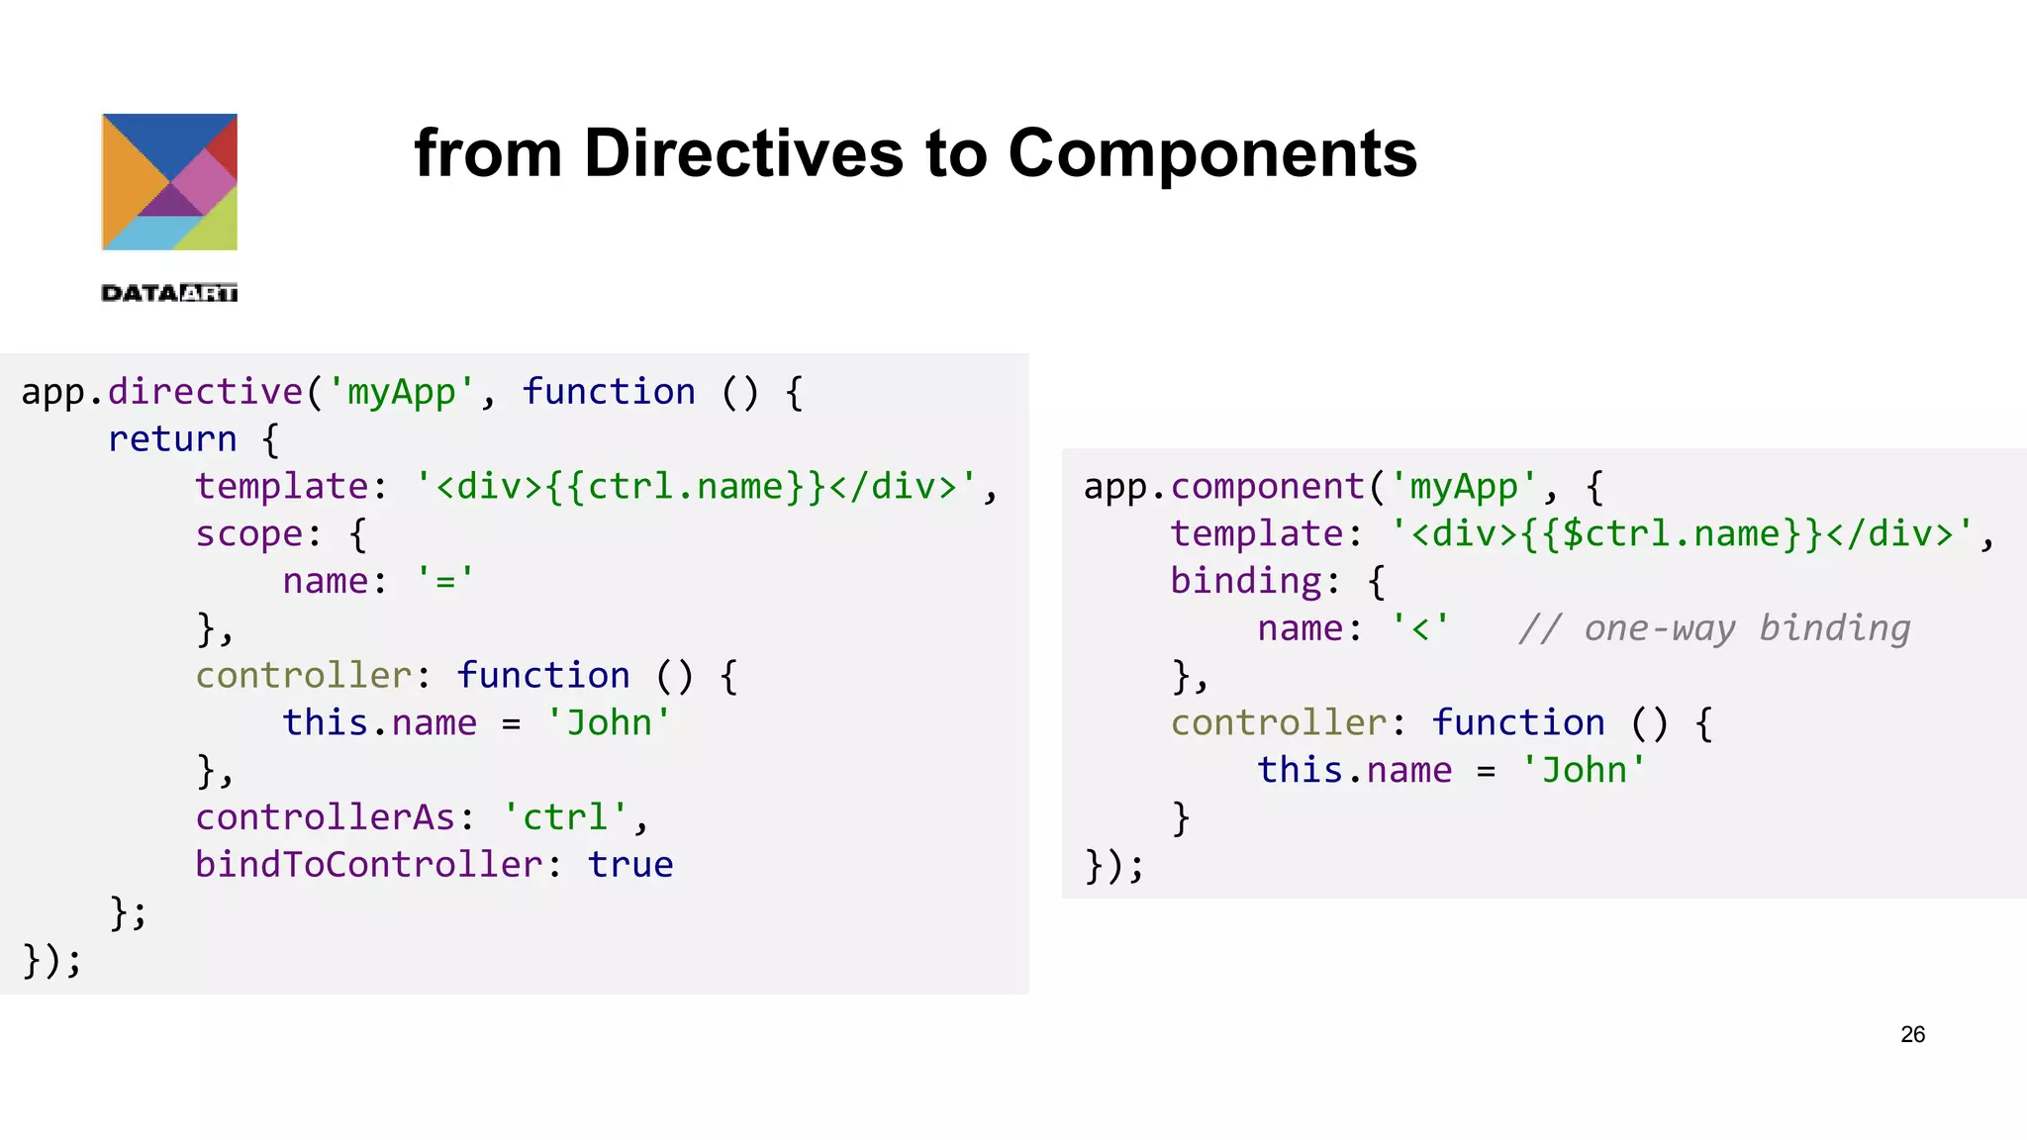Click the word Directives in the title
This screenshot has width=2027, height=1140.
pyautogui.click(x=743, y=153)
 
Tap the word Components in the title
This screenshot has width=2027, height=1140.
pyautogui.click(x=1212, y=153)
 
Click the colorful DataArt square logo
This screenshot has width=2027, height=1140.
pyautogui.click(x=169, y=182)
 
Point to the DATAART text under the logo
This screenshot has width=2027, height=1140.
pyautogui.click(x=169, y=293)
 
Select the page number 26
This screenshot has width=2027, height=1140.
pyautogui.click(x=1912, y=1034)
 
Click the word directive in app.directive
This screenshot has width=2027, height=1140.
pyautogui.click(x=205, y=392)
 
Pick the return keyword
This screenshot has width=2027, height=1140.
pyautogui.click(x=172, y=438)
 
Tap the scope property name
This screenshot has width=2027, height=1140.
pyautogui.click(x=248, y=533)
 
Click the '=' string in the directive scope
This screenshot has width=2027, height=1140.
pyautogui.click(x=445, y=581)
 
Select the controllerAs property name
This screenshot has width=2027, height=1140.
pyautogui.click(x=325, y=817)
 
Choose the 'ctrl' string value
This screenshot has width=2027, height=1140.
pyautogui.click(x=565, y=817)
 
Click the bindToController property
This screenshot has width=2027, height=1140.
pyautogui.click(x=368, y=865)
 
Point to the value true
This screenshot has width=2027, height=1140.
pyautogui.click(x=630, y=865)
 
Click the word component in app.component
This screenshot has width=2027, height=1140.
pyautogui.click(x=1268, y=487)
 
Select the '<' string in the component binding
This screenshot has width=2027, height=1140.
pyautogui.click(x=1420, y=628)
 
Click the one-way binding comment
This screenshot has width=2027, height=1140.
pyautogui.click(x=1714, y=628)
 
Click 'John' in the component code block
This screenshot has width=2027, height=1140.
pyautogui.click(x=1584, y=770)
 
